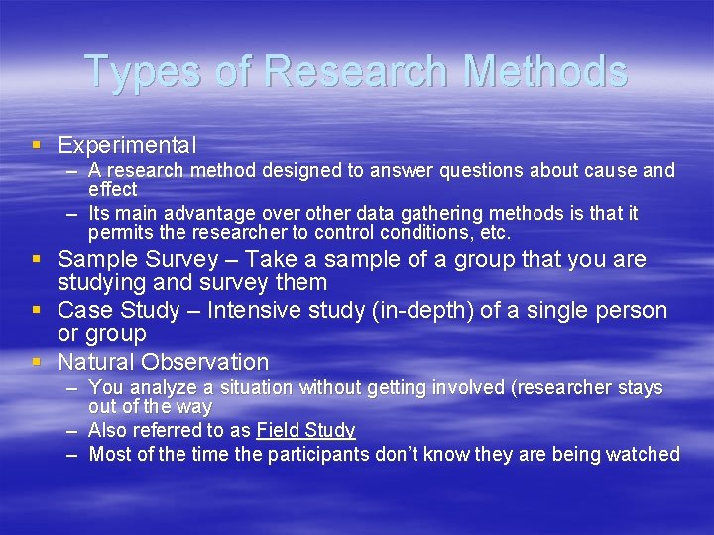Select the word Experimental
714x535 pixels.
pyautogui.click(x=127, y=145)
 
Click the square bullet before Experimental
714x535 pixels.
pyautogui.click(x=37, y=145)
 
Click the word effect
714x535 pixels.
pyautogui.click(x=112, y=189)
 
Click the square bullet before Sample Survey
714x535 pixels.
pyautogui.click(x=37, y=260)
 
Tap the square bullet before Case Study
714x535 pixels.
pyautogui.click(x=37, y=311)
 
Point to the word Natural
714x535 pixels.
pyautogui.click(x=96, y=362)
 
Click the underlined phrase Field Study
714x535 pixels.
pyautogui.click(x=305, y=430)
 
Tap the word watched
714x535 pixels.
pyautogui.click(x=645, y=455)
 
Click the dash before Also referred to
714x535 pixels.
pyautogui.click(x=72, y=430)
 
